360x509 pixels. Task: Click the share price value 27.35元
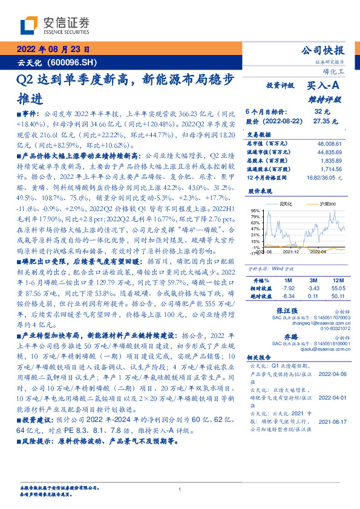pyautogui.click(x=322, y=121)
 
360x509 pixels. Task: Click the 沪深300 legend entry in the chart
pyautogui.click(x=326, y=205)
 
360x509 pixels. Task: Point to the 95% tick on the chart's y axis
pyautogui.click(x=255, y=210)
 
